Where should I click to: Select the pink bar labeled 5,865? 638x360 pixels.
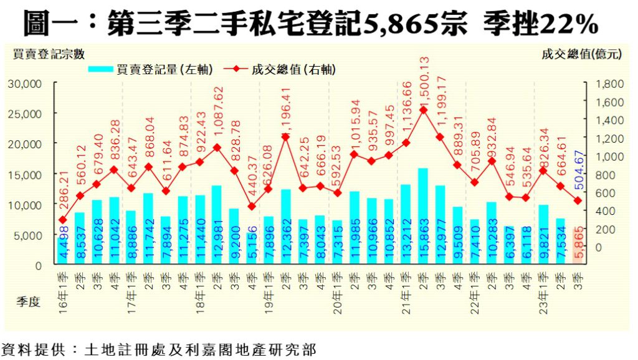point(578,246)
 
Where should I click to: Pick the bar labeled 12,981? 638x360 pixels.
point(216,225)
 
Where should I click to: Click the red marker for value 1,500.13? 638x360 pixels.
point(423,110)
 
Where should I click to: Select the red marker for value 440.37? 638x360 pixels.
point(251,206)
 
